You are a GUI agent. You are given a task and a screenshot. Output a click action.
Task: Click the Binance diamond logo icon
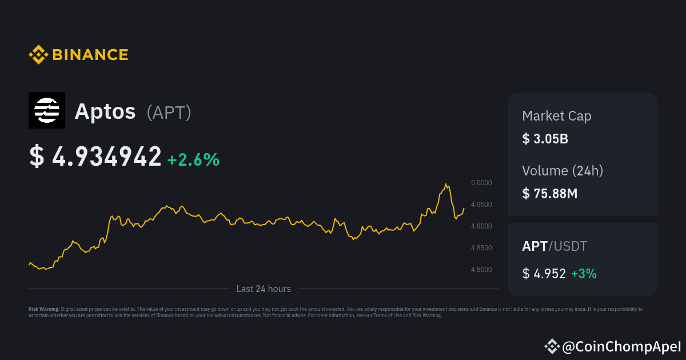(x=38, y=55)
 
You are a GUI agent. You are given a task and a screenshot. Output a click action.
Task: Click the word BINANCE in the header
(x=90, y=55)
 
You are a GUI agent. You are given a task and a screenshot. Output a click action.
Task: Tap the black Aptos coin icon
(x=47, y=110)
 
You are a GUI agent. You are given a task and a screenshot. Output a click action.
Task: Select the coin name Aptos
(x=105, y=111)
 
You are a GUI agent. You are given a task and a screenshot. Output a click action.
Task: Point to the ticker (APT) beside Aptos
(x=169, y=113)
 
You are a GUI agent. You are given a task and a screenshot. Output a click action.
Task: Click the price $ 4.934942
(x=95, y=157)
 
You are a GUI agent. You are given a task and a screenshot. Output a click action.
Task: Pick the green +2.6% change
(x=193, y=159)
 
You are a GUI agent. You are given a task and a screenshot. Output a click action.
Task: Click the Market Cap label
(x=556, y=116)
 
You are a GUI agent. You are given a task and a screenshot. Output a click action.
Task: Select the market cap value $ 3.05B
(x=545, y=139)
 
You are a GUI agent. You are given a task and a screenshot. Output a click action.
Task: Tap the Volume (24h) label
(x=563, y=170)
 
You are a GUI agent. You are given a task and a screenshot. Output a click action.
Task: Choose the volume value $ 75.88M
(x=550, y=193)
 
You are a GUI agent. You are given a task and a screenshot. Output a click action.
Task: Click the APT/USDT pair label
(x=555, y=246)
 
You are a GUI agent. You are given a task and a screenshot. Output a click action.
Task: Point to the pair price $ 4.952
(x=544, y=274)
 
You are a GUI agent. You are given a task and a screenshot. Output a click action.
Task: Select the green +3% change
(x=584, y=274)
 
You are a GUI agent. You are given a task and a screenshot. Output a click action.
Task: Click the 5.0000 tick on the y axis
(x=481, y=183)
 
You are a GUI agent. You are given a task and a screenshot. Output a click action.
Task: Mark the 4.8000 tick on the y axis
(x=481, y=270)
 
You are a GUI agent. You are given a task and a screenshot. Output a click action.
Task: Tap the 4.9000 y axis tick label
(x=481, y=226)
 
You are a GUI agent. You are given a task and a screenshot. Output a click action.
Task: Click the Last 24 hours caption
(x=264, y=289)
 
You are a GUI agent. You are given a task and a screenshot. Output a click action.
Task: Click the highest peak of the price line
(x=446, y=184)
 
